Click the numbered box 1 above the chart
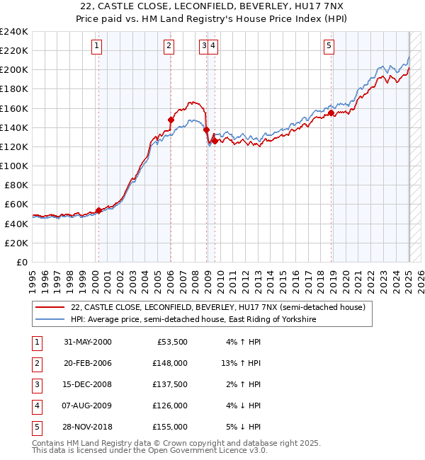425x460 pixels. [x=96, y=47]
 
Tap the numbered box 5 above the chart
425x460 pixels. [x=329, y=47]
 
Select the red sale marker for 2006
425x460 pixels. [x=171, y=120]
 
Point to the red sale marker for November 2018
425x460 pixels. [x=331, y=113]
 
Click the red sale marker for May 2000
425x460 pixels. [x=98, y=210]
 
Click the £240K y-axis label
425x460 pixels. [x=14, y=32]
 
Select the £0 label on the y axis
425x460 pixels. [x=23, y=262]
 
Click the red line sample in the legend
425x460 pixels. [x=50, y=307]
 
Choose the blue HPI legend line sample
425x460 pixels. [x=50, y=320]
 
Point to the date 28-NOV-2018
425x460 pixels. [x=87, y=427]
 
